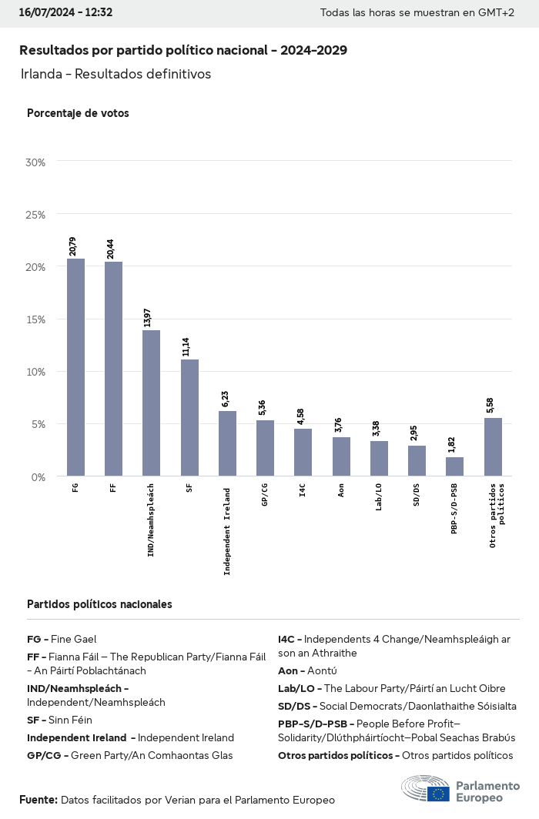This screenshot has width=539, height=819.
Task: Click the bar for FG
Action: click(x=75, y=367)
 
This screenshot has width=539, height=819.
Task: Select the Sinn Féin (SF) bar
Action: click(x=189, y=417)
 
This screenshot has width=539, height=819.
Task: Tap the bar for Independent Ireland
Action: click(x=227, y=443)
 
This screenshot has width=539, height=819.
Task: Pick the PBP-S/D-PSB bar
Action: click(x=455, y=466)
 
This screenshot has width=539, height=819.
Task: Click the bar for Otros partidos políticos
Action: click(x=493, y=446)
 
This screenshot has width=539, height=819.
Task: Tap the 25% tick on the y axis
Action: click(x=36, y=215)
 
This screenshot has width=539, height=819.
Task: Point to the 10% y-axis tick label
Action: click(x=36, y=372)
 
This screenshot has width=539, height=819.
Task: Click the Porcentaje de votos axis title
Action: click(x=78, y=113)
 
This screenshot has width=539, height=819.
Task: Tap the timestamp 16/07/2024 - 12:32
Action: click(x=65, y=12)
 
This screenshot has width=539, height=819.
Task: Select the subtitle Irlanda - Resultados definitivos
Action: click(x=115, y=74)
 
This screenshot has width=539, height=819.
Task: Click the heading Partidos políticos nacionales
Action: click(x=99, y=604)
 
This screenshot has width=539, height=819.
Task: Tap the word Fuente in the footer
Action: click(x=38, y=800)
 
